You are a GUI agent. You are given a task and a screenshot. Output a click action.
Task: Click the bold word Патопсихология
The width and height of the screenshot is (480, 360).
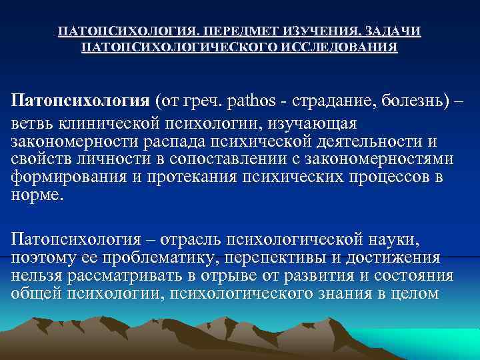pos(81,101)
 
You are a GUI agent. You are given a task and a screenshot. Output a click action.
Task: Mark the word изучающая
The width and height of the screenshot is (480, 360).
pos(310,124)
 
